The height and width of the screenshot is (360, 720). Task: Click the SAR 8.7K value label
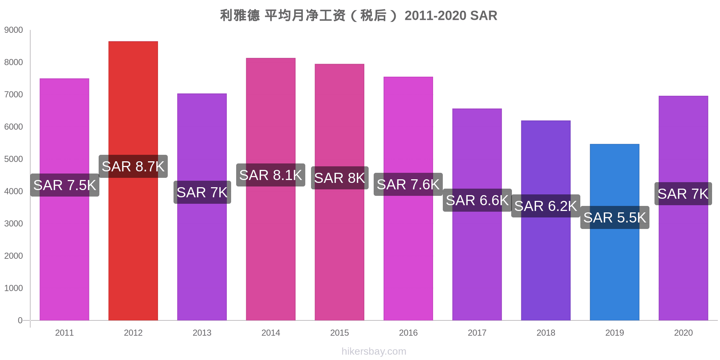coord(133,166)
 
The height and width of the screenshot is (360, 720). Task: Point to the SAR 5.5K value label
coord(615,217)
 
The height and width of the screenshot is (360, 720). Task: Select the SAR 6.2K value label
coord(546,206)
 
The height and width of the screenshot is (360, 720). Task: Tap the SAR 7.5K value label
coord(65,185)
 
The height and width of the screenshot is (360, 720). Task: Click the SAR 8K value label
coord(339,178)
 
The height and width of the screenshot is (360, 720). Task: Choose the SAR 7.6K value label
coord(408,184)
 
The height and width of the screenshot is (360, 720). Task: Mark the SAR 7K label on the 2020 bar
coord(683,194)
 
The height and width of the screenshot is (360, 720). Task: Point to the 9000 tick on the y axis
coord(14,30)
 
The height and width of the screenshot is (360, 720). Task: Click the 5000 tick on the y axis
coord(14,159)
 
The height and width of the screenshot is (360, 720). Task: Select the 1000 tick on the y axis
coord(14,288)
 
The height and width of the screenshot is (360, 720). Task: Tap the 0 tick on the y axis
coord(20,320)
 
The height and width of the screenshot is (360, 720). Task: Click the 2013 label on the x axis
coord(202,333)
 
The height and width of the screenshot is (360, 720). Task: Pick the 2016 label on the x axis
coord(408,333)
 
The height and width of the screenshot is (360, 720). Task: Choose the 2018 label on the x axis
coord(546,333)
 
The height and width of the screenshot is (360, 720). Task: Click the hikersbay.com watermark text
coord(374,351)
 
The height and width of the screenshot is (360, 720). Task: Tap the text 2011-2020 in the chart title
coord(435,16)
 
